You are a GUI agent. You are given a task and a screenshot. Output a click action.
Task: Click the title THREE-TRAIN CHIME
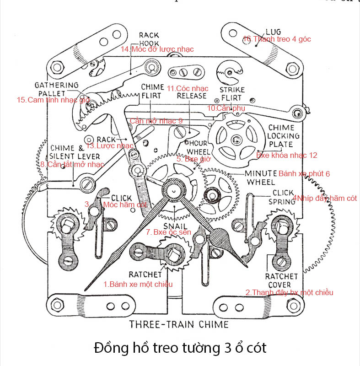(x=179, y=325)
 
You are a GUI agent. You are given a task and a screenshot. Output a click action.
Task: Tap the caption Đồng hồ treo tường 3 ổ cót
(x=180, y=348)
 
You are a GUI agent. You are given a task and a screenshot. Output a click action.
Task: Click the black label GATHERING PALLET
(x=57, y=89)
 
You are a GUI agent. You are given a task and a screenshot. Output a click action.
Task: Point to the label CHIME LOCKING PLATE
(x=284, y=136)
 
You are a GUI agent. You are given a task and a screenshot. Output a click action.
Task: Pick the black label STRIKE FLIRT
(x=232, y=94)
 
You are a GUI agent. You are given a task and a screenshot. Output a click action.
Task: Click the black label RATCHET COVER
(x=281, y=281)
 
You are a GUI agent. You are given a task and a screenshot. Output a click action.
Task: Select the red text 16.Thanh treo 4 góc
(x=277, y=39)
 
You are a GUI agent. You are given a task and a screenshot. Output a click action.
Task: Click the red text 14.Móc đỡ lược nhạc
(x=157, y=49)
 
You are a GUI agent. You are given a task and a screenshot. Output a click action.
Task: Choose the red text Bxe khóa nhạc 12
(x=287, y=156)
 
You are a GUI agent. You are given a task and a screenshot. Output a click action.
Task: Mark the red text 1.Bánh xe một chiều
(x=138, y=284)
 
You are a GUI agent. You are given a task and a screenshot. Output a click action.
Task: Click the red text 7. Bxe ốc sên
(x=168, y=232)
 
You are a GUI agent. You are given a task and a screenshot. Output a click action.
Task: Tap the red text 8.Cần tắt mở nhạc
(x=72, y=164)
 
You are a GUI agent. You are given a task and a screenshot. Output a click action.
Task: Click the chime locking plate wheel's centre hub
(x=236, y=139)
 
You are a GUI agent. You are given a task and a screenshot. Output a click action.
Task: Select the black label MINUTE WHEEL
(x=261, y=178)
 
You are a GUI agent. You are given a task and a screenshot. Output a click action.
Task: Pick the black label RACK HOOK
(x=149, y=39)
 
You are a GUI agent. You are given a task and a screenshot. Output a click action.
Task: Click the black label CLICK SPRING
(x=284, y=197)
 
